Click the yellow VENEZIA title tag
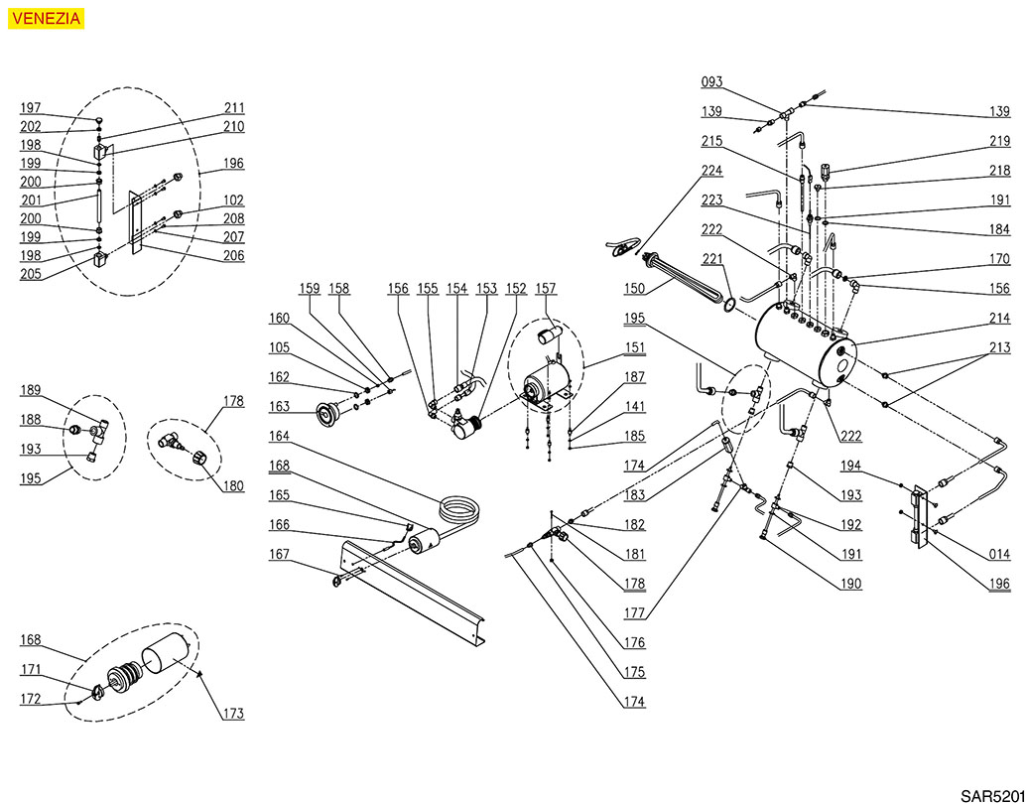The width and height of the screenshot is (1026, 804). click(x=46, y=18)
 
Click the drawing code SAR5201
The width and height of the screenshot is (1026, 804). click(x=991, y=795)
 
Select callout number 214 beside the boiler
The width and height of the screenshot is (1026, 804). click(x=998, y=319)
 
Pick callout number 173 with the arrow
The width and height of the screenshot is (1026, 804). click(x=233, y=713)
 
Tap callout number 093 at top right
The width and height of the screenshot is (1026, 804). click(x=712, y=82)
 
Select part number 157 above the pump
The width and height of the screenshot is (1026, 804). click(x=545, y=289)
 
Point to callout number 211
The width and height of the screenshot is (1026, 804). click(x=233, y=108)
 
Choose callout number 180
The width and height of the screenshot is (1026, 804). click(x=233, y=486)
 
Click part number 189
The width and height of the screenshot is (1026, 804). click(x=31, y=390)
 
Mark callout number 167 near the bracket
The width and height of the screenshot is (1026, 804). click(x=280, y=555)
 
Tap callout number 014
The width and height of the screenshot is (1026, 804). click(x=998, y=555)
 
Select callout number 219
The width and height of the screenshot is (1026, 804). click(x=998, y=141)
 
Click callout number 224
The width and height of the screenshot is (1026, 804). click(x=712, y=169)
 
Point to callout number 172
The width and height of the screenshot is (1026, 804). click(x=31, y=700)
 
